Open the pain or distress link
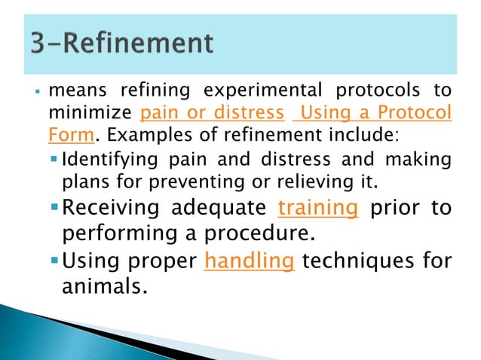click(213, 114)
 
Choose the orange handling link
click(249, 261)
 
